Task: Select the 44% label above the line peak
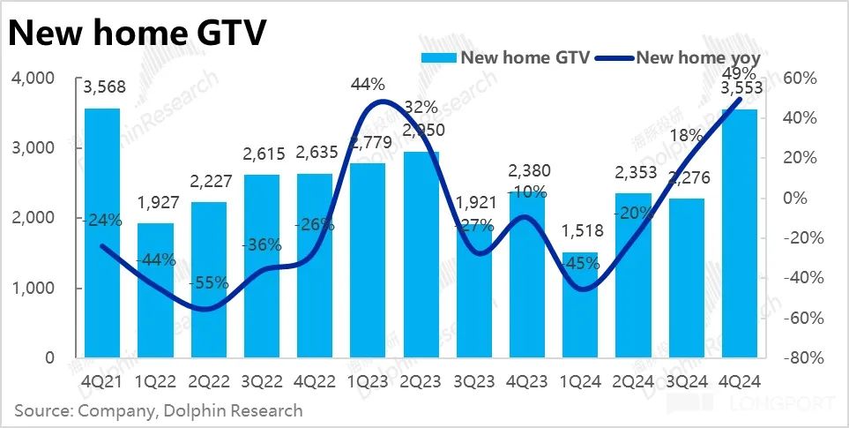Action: coord(368,85)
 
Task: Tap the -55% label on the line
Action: coord(208,283)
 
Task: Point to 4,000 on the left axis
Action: coord(33,79)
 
